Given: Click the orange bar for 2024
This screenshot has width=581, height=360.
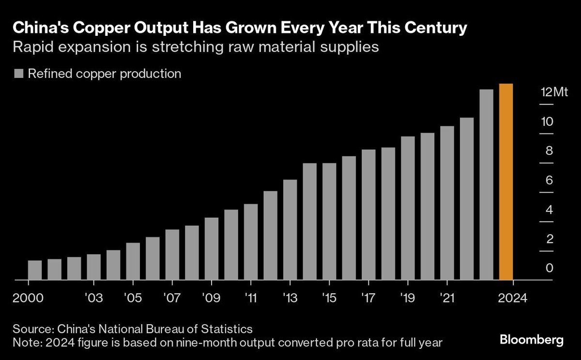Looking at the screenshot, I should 505,182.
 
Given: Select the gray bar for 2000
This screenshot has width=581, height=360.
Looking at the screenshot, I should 35,270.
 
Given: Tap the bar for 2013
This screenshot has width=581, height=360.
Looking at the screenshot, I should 290,230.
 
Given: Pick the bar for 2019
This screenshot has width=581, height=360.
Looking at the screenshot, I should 408,208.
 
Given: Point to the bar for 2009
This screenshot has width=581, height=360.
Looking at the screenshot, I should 212,249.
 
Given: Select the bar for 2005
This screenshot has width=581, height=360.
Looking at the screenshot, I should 133,261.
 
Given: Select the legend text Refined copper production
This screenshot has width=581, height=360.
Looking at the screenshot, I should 105,74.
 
